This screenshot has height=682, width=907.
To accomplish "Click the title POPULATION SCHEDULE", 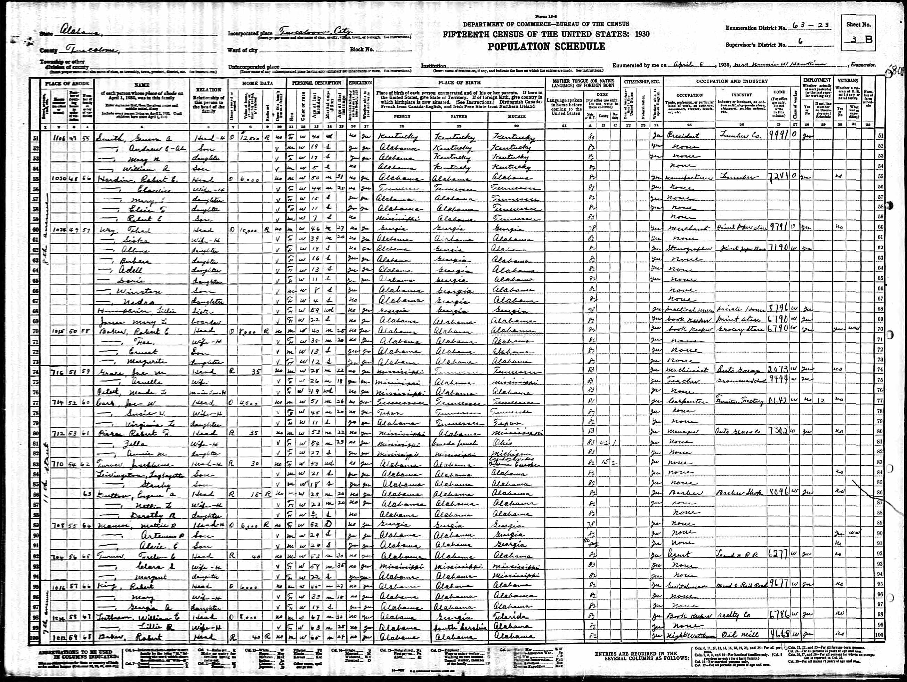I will pos(546,47).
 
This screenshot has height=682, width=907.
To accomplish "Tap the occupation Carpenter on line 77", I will pos(682,401).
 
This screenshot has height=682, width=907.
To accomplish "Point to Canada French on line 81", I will pos(449,443).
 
